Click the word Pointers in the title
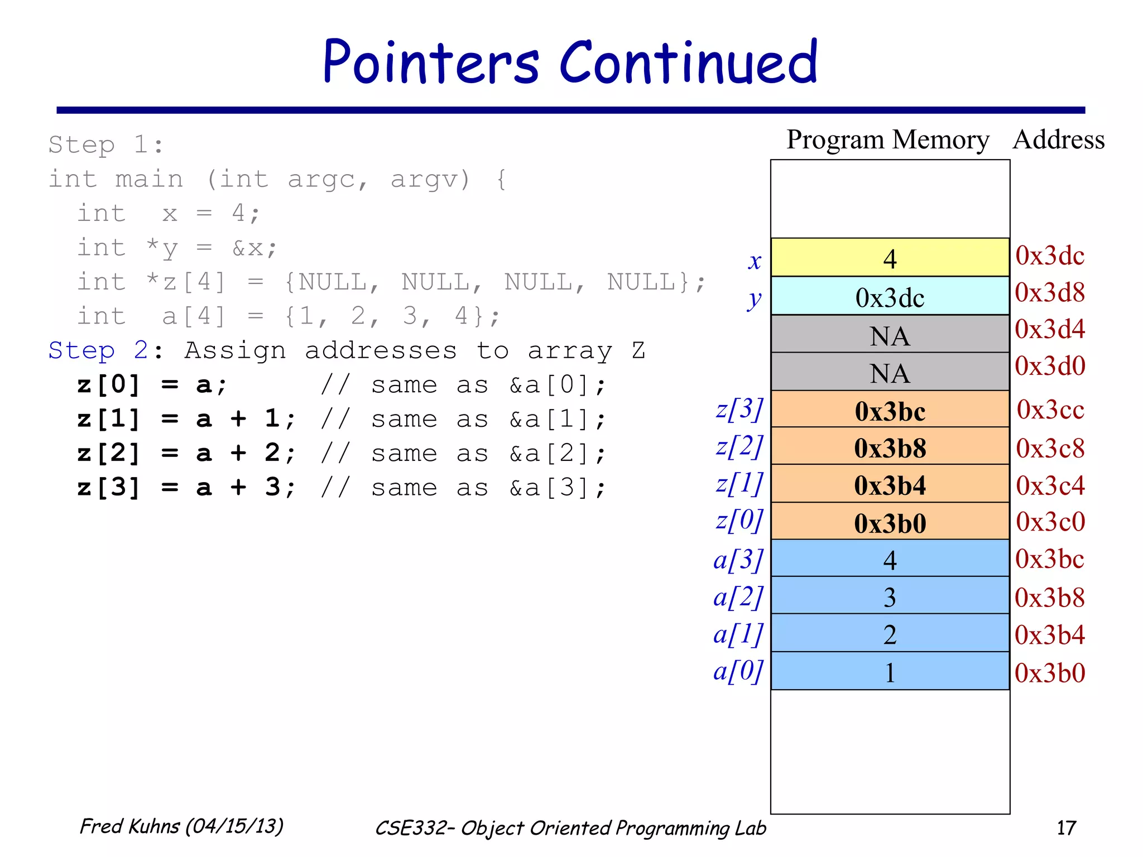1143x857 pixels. [431, 62]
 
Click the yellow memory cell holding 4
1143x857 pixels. [890, 258]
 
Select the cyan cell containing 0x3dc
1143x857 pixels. [890, 297]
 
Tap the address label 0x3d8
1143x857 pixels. [1049, 292]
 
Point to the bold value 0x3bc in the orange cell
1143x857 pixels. [890, 411]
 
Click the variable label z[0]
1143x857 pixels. [739, 521]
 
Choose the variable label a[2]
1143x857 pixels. [738, 597]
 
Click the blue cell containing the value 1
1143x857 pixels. [890, 672]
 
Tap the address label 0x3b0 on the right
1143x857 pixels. [1049, 673]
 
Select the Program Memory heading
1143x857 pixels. [887, 139]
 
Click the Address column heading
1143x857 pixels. [1058, 139]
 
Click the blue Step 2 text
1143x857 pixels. [98, 350]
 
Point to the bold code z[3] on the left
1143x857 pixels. [108, 488]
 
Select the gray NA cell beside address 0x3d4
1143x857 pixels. [890, 335]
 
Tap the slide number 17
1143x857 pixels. [1066, 827]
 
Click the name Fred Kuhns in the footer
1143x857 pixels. [129, 826]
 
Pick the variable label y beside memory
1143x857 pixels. [754, 298]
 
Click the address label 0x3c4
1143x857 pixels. [1049, 485]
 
